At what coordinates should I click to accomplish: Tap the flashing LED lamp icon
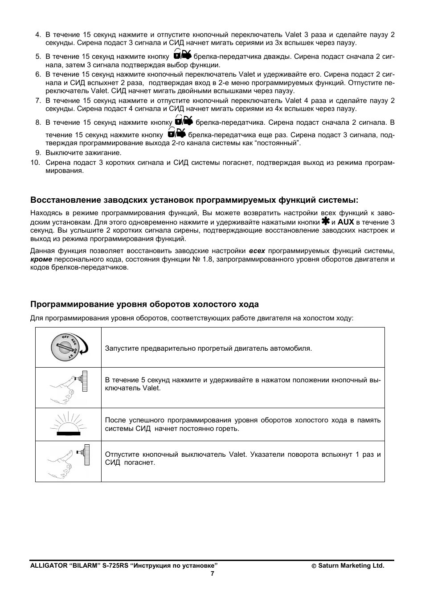pyautogui.click(x=68, y=424)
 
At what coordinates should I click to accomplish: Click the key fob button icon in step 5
pyautogui.click(x=182, y=55)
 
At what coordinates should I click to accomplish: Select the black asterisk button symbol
pyautogui.click(x=326, y=221)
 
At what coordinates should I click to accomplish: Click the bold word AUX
pyautogui.click(x=346, y=222)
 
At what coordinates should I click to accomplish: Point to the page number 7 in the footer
pyautogui.click(x=212, y=574)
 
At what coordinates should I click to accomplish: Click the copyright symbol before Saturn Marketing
pyautogui.click(x=314, y=566)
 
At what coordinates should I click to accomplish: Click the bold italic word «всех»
pyautogui.click(x=257, y=251)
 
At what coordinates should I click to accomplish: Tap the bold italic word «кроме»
pyautogui.click(x=41, y=259)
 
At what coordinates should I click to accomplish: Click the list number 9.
pyautogui.click(x=38, y=153)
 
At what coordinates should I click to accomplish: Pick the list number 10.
pyautogui.click(x=36, y=163)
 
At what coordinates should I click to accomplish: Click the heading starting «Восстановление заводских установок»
pyautogui.click(x=194, y=200)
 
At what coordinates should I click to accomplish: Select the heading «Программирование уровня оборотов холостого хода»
pyautogui.click(x=144, y=304)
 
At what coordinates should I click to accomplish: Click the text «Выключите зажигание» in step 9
pyautogui.click(x=83, y=153)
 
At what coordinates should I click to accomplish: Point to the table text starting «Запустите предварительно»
pyautogui.click(x=208, y=348)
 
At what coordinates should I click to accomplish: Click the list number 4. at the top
pyautogui.click(x=38, y=35)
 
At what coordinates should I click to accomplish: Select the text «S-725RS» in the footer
pyautogui.click(x=115, y=566)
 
